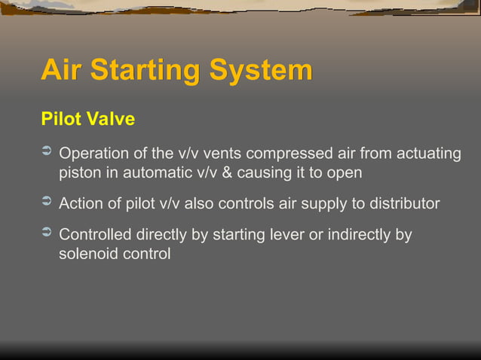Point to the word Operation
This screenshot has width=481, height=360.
click(96, 154)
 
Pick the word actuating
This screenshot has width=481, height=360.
click(424, 154)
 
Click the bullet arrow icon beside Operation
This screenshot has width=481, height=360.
click(45, 153)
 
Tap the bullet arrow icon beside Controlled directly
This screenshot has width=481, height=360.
click(45, 233)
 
